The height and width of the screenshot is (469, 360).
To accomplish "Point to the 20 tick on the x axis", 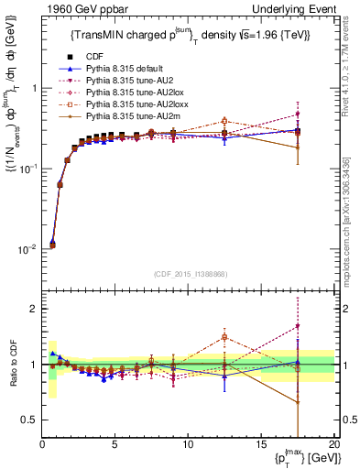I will point(333,444).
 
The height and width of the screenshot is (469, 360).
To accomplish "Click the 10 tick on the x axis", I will point(187,444).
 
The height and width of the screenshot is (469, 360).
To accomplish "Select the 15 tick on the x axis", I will point(260,444).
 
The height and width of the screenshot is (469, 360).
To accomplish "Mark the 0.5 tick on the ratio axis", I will point(29,420).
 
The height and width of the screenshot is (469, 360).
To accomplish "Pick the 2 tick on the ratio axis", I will point(33,309).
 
